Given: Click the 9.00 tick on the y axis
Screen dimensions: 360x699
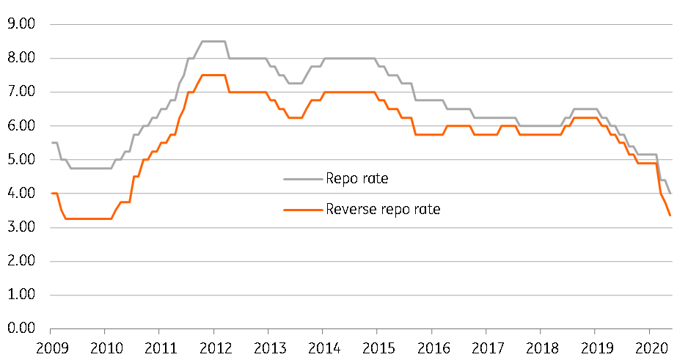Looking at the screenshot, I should [24, 24].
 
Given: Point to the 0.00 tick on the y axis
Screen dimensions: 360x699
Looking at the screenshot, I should [24, 328].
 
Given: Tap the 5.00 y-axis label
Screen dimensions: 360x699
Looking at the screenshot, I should [24, 160].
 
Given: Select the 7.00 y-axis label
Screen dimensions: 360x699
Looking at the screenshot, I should [24, 92].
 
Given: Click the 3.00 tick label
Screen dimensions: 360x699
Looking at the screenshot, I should [24, 227].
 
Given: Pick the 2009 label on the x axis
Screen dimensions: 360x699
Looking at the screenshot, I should [51, 345].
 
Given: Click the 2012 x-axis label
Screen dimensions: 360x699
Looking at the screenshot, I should [213, 345].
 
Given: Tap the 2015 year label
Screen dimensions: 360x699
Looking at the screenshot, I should [377, 345].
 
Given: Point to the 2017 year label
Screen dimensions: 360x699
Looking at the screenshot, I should [486, 345].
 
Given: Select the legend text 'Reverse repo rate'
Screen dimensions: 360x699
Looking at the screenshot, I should [384, 210].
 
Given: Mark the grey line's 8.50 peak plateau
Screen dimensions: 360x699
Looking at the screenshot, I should [213, 41].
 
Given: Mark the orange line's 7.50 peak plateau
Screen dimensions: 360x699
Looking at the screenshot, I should [213, 75].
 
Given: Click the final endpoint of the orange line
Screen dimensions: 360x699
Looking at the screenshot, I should [670, 215].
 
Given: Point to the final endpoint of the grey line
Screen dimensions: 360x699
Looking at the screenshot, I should [670, 194].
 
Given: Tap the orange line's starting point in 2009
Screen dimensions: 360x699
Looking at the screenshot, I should [51, 194].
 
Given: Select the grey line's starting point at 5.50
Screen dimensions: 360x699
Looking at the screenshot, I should [51, 143].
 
